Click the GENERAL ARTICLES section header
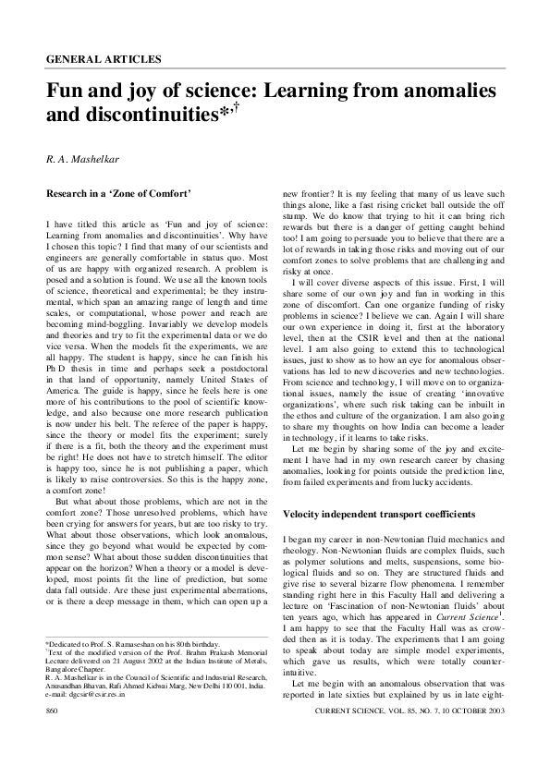coord(103,58)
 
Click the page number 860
coord(53,737)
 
